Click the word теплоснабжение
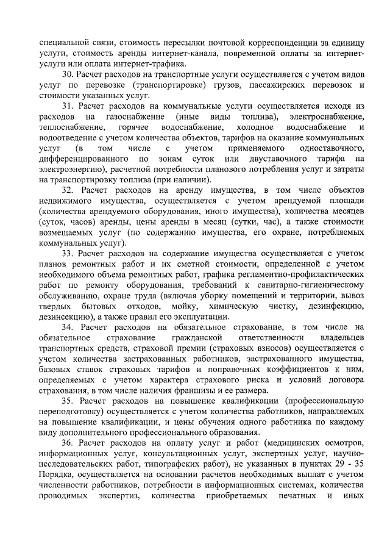click(68, 127)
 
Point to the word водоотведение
click(68, 138)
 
